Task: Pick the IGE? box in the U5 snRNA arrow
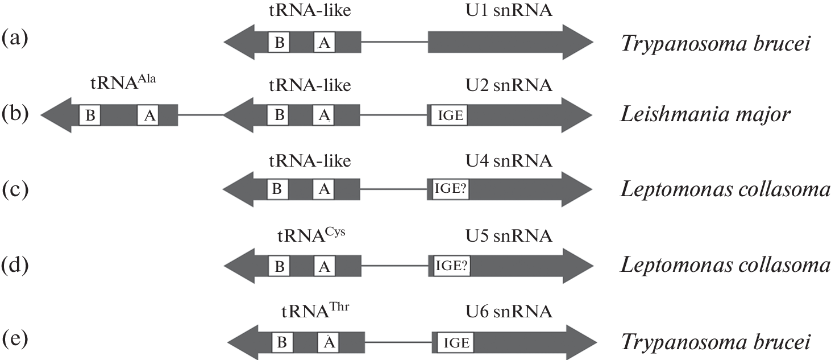(451, 266)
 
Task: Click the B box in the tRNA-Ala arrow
(90, 116)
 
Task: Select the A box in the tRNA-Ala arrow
(149, 116)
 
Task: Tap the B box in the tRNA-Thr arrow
(282, 342)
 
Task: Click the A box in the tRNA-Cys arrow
(324, 266)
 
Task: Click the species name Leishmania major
(704, 115)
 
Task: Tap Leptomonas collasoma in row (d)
(725, 265)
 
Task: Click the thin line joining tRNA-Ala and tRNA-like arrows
(201, 116)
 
